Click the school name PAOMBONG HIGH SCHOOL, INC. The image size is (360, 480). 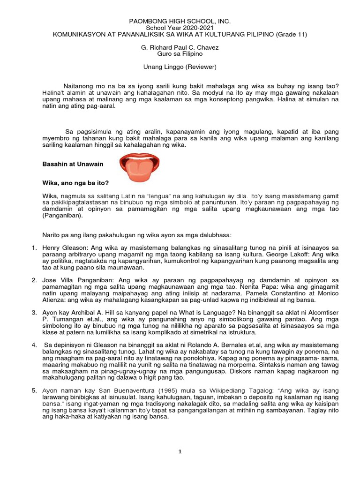[180, 22]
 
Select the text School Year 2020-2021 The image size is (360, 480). [180, 28]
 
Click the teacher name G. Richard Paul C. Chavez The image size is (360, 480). [180, 48]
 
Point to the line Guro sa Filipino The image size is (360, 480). [180, 54]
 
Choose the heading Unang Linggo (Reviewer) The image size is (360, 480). [180, 67]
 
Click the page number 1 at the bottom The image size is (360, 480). [180, 451]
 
